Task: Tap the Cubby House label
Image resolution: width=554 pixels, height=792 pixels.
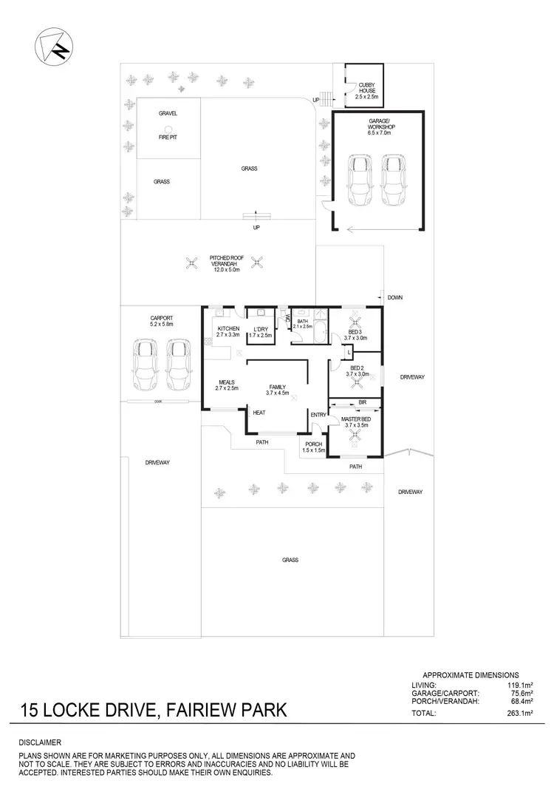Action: tap(366, 91)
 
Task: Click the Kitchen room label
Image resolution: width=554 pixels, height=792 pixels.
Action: tap(227, 331)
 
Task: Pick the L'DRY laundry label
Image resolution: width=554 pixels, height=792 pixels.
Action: tap(260, 331)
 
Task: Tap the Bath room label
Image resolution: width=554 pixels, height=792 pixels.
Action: tap(303, 323)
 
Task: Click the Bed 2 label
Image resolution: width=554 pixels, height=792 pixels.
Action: tap(357, 370)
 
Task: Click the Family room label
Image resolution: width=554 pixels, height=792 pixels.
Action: tap(277, 390)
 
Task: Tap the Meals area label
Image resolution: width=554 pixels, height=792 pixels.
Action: tap(226, 385)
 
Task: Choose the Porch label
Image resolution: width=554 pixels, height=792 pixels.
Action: tap(313, 447)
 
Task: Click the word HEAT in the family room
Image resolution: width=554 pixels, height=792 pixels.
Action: tap(259, 413)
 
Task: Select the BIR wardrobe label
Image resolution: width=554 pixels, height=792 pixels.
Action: tap(362, 402)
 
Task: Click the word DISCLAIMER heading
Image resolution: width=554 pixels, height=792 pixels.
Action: tap(41, 742)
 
